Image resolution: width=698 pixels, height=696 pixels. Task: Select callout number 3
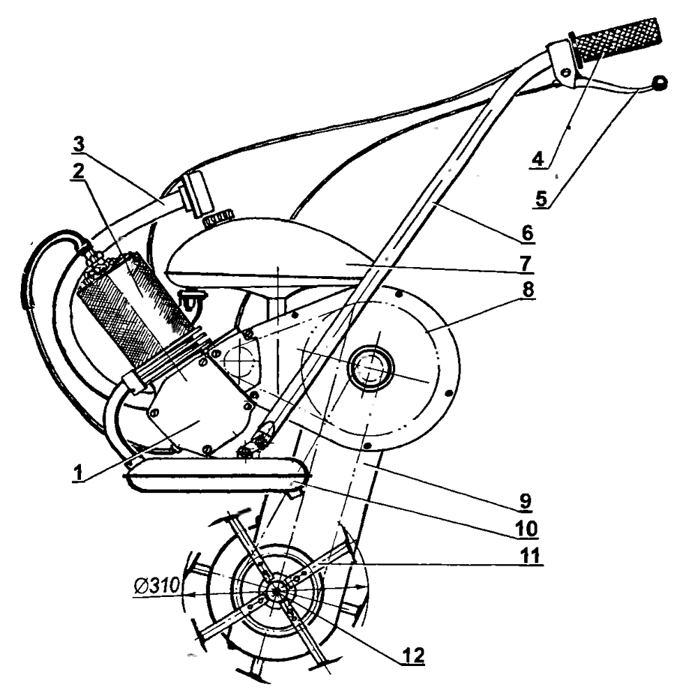coord(78,145)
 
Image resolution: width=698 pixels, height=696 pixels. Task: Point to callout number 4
coord(538,159)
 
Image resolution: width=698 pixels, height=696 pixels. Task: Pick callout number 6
coord(528,233)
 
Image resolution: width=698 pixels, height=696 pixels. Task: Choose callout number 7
coord(526,263)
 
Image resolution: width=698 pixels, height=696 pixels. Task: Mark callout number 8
coord(528,289)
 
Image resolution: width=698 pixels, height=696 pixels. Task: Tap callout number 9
coord(526,501)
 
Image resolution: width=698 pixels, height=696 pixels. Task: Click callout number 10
coord(526,529)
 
